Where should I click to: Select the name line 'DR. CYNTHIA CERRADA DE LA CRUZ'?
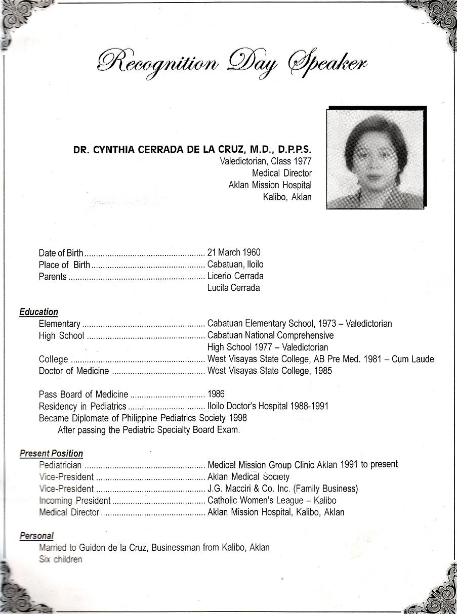[192, 150]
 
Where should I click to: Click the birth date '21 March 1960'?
[234, 252]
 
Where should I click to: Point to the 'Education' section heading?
[38, 312]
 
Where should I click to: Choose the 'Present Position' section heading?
[51, 454]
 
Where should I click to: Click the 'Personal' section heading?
[36, 536]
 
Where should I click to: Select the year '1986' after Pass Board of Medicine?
[216, 394]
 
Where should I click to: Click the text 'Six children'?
[60, 559]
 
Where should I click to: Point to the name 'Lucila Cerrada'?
[233, 288]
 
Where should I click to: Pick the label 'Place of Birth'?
[64, 265]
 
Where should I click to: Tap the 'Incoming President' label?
[74, 501]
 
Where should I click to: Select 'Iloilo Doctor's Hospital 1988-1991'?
[268, 406]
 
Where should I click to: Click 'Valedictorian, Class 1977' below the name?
[266, 161]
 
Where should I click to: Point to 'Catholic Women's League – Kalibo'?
[272, 501]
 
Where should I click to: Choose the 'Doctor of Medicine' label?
[73, 371]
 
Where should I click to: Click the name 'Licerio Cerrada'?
[235, 276]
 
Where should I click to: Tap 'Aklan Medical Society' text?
[248, 477]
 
